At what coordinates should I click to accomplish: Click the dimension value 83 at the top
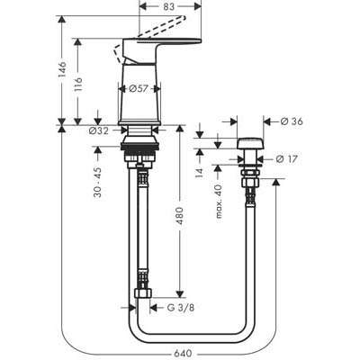[169, 6]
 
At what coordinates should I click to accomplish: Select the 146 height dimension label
[62, 69]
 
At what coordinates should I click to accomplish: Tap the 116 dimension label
[78, 85]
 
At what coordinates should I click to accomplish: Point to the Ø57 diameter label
[139, 89]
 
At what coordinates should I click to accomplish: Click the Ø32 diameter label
[99, 130]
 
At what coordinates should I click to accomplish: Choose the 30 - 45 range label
[98, 183]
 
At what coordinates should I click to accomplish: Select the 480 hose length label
[179, 215]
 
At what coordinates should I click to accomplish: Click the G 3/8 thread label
[181, 308]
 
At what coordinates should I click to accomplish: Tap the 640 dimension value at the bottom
[183, 354]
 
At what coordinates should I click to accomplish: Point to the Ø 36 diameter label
[292, 121]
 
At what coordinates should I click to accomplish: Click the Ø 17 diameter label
[287, 159]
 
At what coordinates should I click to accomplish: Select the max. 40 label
[219, 202]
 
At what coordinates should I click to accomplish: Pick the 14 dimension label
[200, 173]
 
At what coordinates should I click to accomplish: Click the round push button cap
[250, 143]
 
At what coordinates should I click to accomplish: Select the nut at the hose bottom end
[143, 293]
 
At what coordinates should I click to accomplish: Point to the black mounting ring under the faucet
[139, 147]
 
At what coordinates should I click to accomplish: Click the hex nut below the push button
[251, 182]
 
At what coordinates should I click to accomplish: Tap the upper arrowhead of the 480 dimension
[179, 129]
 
